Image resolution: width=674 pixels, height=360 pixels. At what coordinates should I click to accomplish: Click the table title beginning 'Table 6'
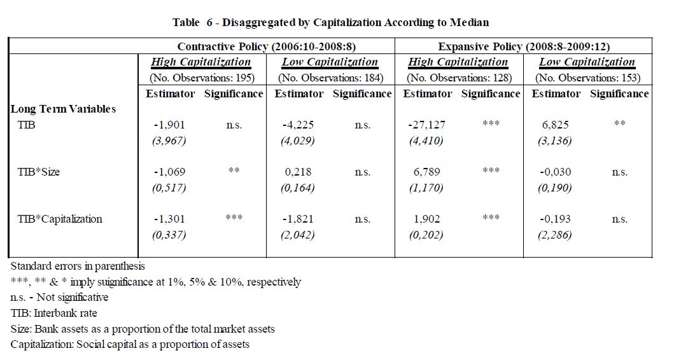tap(330, 22)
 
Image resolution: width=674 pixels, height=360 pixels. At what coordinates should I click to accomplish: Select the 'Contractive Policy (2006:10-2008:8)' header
tap(267, 46)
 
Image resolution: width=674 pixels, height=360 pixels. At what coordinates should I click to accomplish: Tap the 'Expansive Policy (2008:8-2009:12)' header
tap(524, 46)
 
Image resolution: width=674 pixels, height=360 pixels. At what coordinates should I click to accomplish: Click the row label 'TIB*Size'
tap(39, 172)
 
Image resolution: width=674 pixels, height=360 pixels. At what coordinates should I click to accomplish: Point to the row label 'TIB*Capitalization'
tap(60, 219)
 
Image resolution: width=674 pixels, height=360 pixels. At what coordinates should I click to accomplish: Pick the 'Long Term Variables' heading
tap(63, 109)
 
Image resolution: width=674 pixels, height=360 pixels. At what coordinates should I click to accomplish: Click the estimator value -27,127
tap(427, 125)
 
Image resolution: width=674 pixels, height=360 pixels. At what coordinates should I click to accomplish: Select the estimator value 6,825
tap(556, 125)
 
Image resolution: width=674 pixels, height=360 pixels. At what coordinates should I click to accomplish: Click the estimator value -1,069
tap(169, 172)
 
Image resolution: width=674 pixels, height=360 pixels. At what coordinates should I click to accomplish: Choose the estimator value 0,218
tap(298, 172)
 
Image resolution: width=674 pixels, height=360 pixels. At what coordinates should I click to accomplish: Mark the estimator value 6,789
tap(427, 172)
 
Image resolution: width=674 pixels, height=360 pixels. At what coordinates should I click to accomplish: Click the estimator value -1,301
tap(169, 219)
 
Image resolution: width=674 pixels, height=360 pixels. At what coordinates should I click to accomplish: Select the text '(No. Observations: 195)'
tap(202, 78)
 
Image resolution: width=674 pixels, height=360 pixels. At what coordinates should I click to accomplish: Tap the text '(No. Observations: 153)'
tap(587, 78)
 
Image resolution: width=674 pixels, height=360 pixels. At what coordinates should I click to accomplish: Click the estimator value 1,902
tap(427, 219)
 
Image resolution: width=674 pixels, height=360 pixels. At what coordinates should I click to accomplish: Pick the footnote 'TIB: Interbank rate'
tap(53, 313)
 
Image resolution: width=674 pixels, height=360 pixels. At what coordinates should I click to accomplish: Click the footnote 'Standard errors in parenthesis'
tap(78, 267)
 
